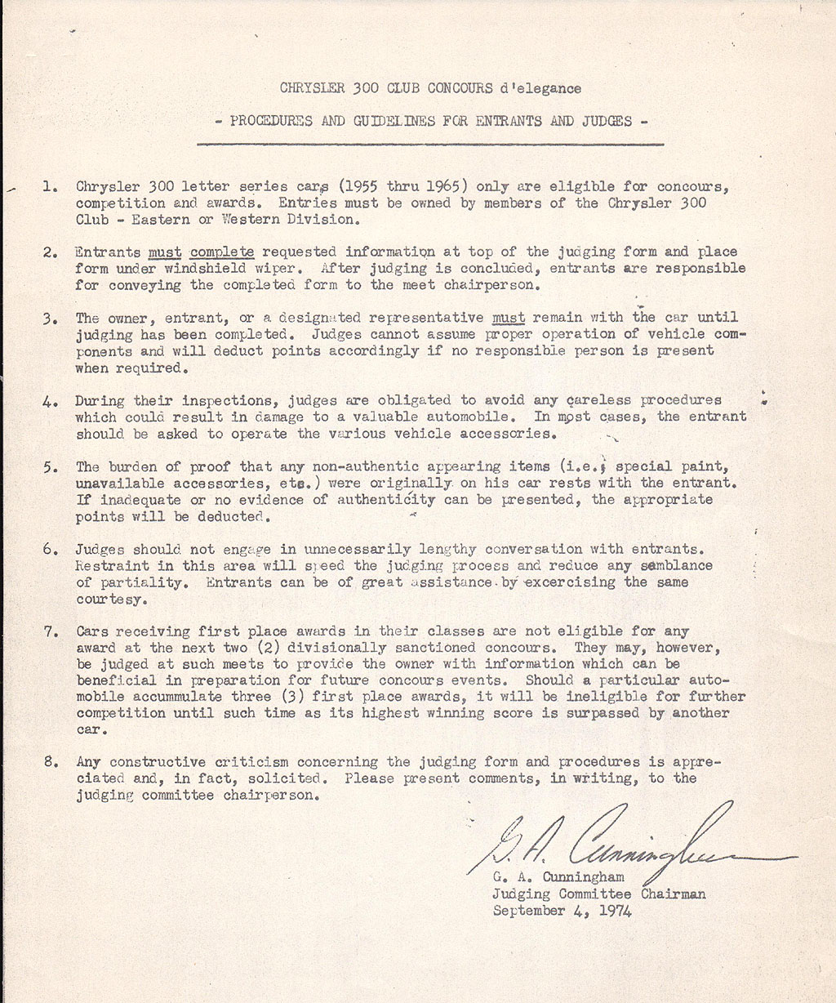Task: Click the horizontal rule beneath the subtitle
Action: pos(430,144)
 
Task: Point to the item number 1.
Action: pos(49,186)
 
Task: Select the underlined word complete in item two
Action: pos(222,252)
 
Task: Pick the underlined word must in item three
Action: pos(508,317)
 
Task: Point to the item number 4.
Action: pos(49,401)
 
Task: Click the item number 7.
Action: pos(49,631)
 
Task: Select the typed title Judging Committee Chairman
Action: pos(598,894)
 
